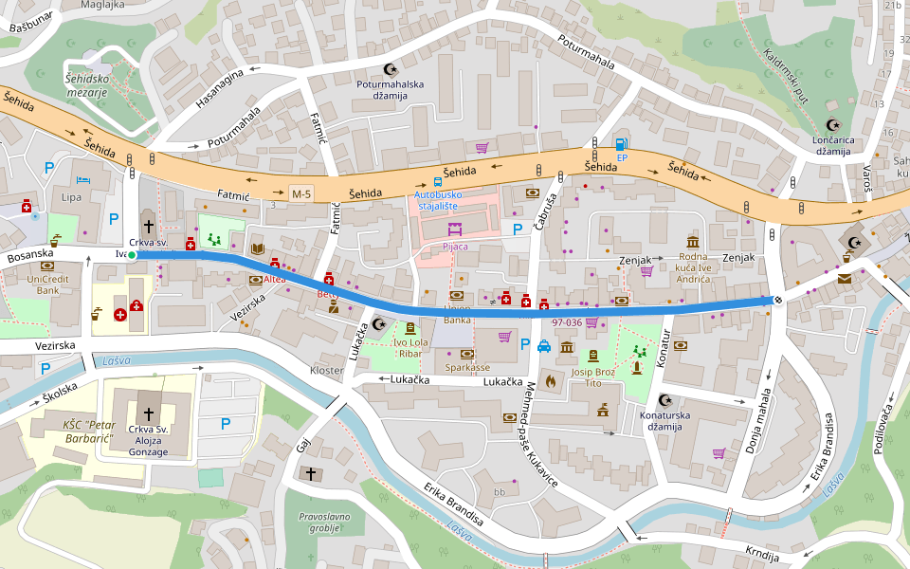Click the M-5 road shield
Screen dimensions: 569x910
click(x=301, y=193)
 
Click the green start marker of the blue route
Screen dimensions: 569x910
click(x=132, y=255)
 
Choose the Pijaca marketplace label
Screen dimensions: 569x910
click(x=455, y=247)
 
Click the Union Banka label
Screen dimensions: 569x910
click(x=457, y=314)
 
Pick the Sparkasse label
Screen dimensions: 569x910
click(x=467, y=366)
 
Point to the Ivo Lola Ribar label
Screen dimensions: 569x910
click(x=409, y=347)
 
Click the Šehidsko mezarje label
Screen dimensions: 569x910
click(x=85, y=85)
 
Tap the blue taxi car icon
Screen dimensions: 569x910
click(x=545, y=346)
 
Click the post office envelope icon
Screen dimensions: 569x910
click(x=844, y=279)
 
